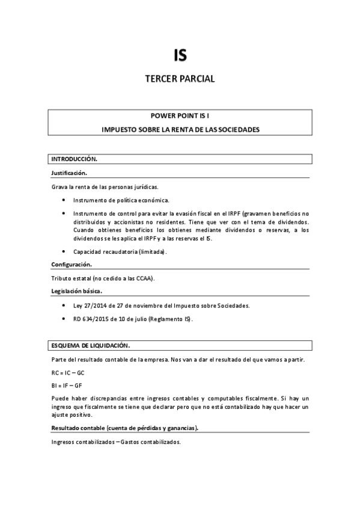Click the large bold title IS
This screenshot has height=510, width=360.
pyautogui.click(x=180, y=55)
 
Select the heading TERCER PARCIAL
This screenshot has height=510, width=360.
pyautogui.click(x=180, y=79)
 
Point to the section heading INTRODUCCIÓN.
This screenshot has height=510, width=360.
pyautogui.click(x=74, y=159)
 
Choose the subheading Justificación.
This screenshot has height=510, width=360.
pyautogui.click(x=69, y=173)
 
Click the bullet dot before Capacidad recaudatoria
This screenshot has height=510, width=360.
pyautogui.click(x=64, y=252)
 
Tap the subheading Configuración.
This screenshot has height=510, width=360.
pyautogui.click(x=72, y=264)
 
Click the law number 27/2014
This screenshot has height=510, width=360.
pyautogui.click(x=93, y=306)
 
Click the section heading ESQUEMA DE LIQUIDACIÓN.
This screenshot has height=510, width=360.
pyautogui.click(x=91, y=346)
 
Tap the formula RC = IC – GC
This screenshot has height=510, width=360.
pyautogui.click(x=68, y=373)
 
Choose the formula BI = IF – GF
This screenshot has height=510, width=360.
pyautogui.click(x=66, y=385)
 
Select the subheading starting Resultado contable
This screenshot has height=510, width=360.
pyautogui.click(x=125, y=428)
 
